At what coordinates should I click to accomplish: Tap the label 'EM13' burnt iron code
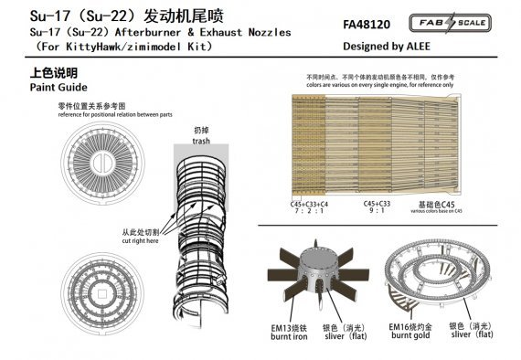[283, 326]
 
